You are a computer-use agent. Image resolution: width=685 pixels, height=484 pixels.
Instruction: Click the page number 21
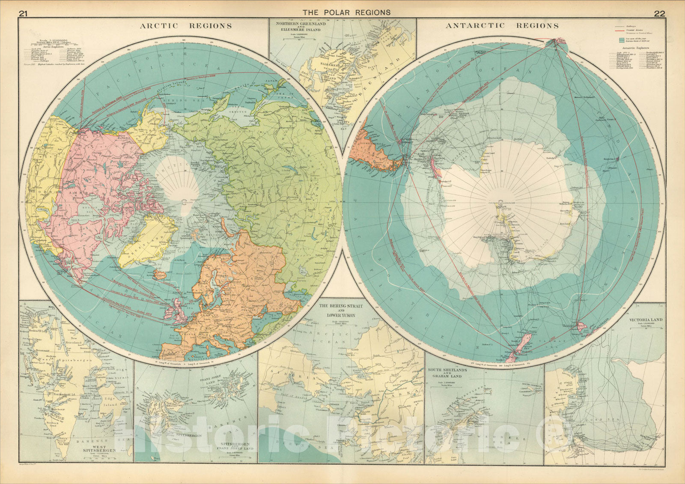[23, 13]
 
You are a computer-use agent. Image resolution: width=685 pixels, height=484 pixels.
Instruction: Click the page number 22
[659, 13]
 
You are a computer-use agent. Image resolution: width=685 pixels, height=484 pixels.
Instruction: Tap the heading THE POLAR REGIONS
[346, 12]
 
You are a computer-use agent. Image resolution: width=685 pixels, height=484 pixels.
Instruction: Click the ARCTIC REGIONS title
[186, 26]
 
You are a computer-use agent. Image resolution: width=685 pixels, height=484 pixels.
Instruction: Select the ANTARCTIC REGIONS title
[502, 26]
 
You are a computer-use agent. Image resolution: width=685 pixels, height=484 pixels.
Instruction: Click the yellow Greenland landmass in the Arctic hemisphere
[146, 242]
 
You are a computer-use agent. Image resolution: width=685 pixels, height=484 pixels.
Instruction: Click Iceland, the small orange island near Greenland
[161, 275]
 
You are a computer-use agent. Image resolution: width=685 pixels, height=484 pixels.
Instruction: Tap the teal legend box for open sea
[622, 40]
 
